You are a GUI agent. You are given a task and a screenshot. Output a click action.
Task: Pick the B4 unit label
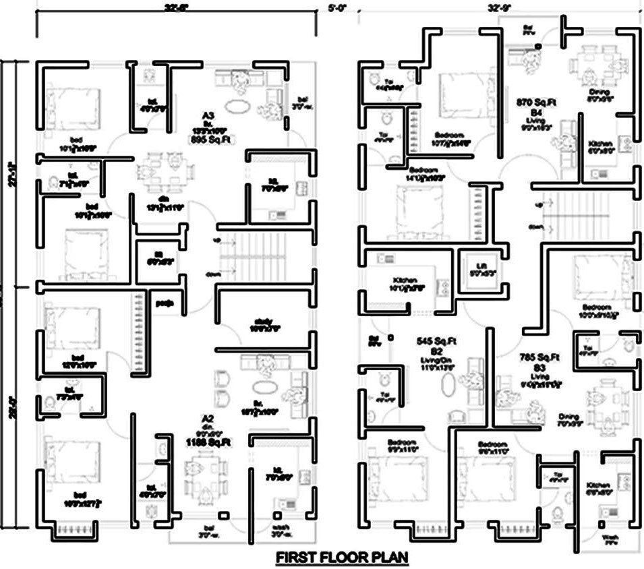click(x=536, y=111)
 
